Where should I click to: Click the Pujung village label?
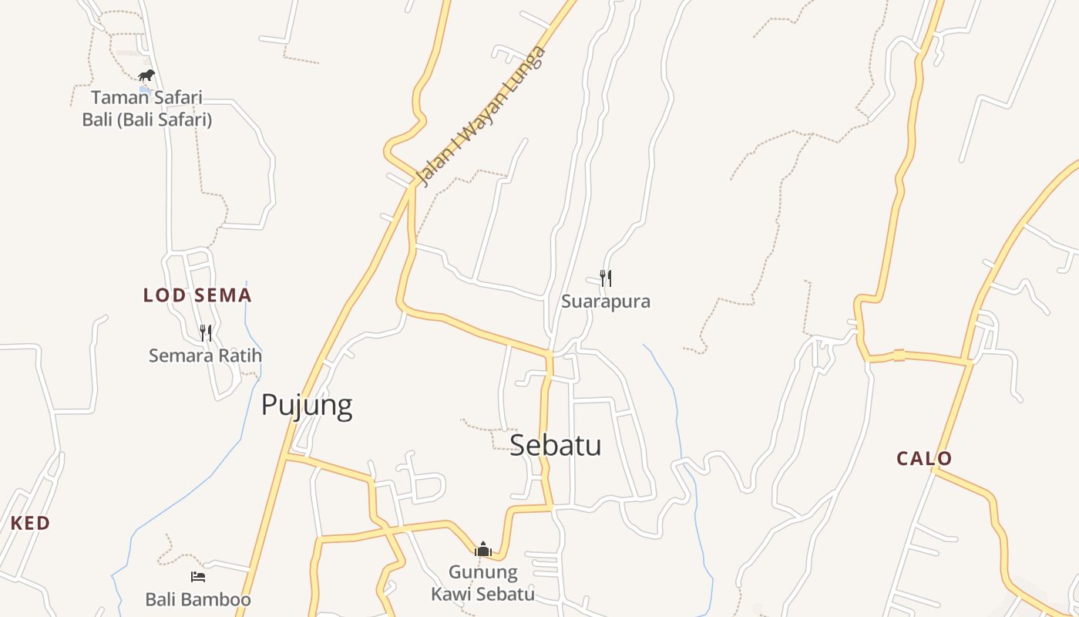(307, 405)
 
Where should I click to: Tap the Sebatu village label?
(555, 445)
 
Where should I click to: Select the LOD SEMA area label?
(197, 295)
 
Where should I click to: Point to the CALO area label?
(924, 459)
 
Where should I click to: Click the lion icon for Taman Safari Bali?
(146, 76)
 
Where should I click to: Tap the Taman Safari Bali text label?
(146, 109)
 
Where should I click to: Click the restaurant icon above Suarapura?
(606, 278)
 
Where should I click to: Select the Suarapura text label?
(606, 302)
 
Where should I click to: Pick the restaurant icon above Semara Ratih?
(205, 333)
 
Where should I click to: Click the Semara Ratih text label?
(205, 356)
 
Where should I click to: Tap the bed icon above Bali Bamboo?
(198, 577)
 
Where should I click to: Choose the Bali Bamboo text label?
(198, 600)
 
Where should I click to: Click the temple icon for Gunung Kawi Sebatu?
(483, 549)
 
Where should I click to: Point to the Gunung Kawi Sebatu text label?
(483, 583)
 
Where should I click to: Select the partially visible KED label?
(30, 523)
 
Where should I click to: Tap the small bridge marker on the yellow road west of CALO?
(899, 356)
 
